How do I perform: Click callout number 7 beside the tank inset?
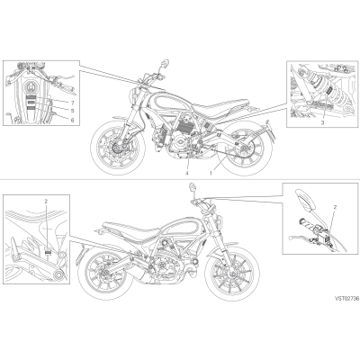[x=72, y=103]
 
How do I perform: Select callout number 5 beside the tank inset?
[x=72, y=111]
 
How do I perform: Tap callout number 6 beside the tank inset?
[x=72, y=119]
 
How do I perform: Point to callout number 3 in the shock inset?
[x=322, y=122]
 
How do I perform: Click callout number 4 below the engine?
[x=186, y=173]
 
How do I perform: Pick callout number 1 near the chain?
[x=211, y=173]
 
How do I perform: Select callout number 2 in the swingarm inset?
[x=46, y=202]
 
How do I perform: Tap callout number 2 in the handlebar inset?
[x=335, y=207]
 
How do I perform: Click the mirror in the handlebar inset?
[x=306, y=200]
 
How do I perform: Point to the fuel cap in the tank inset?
[x=31, y=87]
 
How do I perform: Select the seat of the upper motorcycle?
[x=215, y=108]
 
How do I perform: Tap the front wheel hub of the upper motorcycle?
[x=115, y=148]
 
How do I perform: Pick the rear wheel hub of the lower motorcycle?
[x=105, y=273]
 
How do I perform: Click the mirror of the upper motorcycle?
[x=165, y=62]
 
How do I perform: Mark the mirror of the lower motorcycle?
[x=193, y=186]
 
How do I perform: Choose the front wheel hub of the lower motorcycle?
[x=233, y=274]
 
